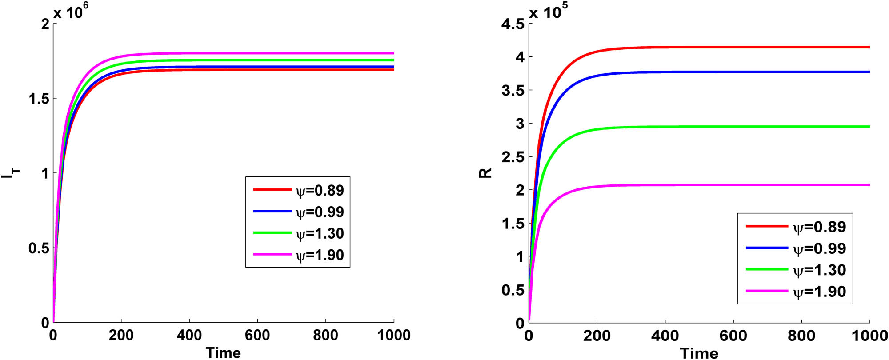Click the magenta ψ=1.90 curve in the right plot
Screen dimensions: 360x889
[x=711, y=185]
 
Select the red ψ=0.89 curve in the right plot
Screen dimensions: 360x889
[x=711, y=47]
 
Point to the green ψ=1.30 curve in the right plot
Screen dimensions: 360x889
[x=711, y=127]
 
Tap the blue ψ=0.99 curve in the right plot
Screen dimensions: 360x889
[x=711, y=72]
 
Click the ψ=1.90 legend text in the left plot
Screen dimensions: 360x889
[x=320, y=255]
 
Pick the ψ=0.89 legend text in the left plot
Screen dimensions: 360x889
[x=320, y=190]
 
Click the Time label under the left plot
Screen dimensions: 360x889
[x=223, y=353]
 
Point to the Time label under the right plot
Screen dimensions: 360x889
[x=699, y=353]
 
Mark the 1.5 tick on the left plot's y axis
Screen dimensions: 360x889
[x=39, y=99]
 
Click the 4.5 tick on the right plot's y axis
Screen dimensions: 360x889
[x=513, y=24]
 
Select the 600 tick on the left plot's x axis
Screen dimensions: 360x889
[x=257, y=335]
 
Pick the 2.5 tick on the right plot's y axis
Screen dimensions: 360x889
[x=513, y=157]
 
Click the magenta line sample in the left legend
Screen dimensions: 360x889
[x=272, y=254]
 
